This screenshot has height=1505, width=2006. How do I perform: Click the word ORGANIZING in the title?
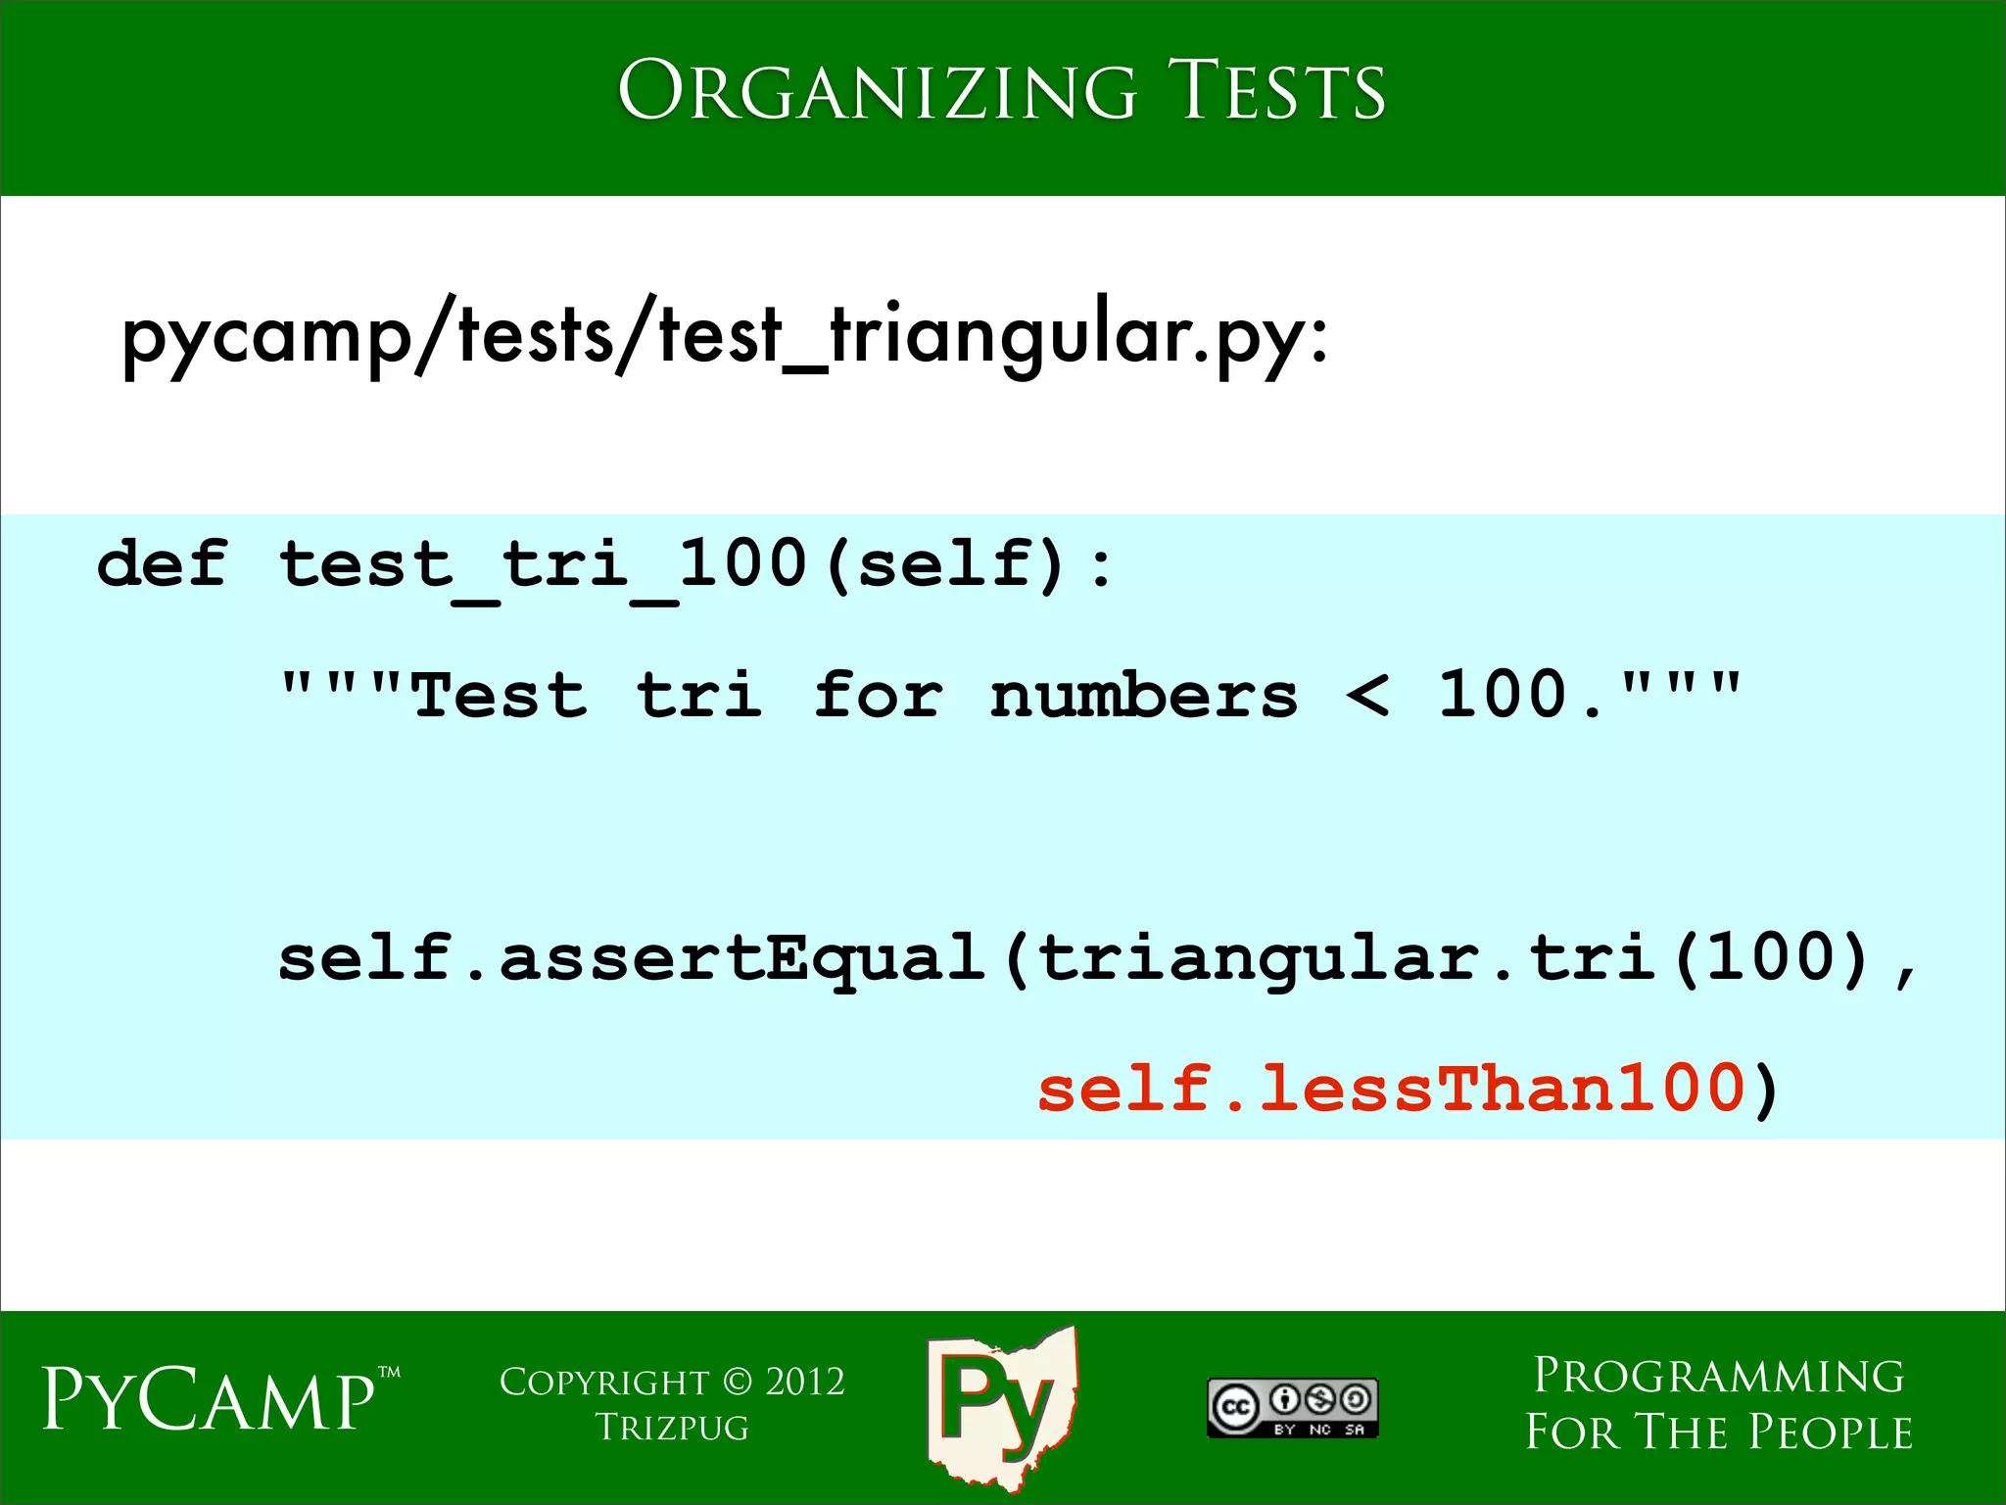[877, 91]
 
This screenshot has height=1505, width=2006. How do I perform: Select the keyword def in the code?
[163, 565]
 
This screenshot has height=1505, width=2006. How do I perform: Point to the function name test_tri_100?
[544, 565]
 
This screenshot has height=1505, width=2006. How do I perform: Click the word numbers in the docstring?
[1143, 696]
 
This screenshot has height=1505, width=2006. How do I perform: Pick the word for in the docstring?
[878, 696]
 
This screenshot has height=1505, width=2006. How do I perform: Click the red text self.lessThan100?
[1391, 1090]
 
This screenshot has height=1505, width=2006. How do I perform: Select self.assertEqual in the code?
[632, 958]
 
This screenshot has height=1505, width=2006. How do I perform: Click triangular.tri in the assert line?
[1347, 958]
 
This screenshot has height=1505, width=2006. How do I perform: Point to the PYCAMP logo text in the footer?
[209, 1399]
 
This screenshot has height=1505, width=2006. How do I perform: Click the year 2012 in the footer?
[805, 1383]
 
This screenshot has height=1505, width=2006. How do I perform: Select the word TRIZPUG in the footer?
[672, 1429]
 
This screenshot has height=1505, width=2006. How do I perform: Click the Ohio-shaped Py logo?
[1001, 1404]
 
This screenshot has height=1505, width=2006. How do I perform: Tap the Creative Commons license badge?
[1293, 1408]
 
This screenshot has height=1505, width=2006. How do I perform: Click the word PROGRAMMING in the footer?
[1719, 1376]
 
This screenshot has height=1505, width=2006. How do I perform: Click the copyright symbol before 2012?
[738, 1383]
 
